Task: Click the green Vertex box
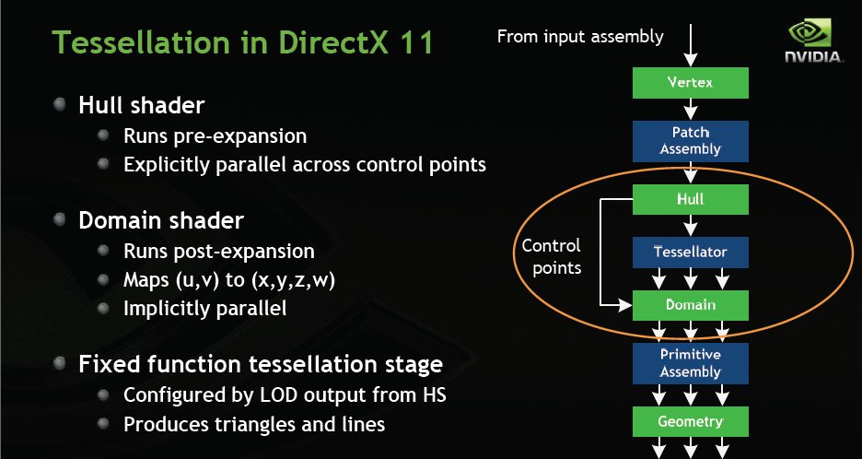[x=691, y=83]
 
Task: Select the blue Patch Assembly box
[x=691, y=141]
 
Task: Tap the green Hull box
[x=691, y=199]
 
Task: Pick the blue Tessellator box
[x=691, y=252]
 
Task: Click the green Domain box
[x=691, y=305]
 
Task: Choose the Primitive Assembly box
[x=691, y=363]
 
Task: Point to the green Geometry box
[x=691, y=422]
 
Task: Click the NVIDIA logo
[x=813, y=41]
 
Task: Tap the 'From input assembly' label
[x=580, y=37]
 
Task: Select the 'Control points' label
[x=552, y=256]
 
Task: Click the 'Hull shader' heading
[x=142, y=105]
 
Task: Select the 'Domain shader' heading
[x=161, y=220]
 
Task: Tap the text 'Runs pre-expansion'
[x=215, y=135]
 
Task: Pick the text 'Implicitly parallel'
[x=205, y=308]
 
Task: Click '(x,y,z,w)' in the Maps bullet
[x=293, y=280]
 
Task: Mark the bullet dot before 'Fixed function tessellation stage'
[x=61, y=363]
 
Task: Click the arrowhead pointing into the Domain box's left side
[x=625, y=304]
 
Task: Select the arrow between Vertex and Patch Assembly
[x=691, y=110]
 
